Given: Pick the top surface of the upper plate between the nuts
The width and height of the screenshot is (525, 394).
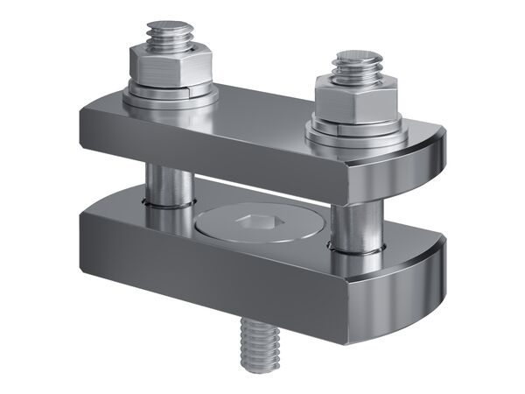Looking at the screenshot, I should tap(262, 109).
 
